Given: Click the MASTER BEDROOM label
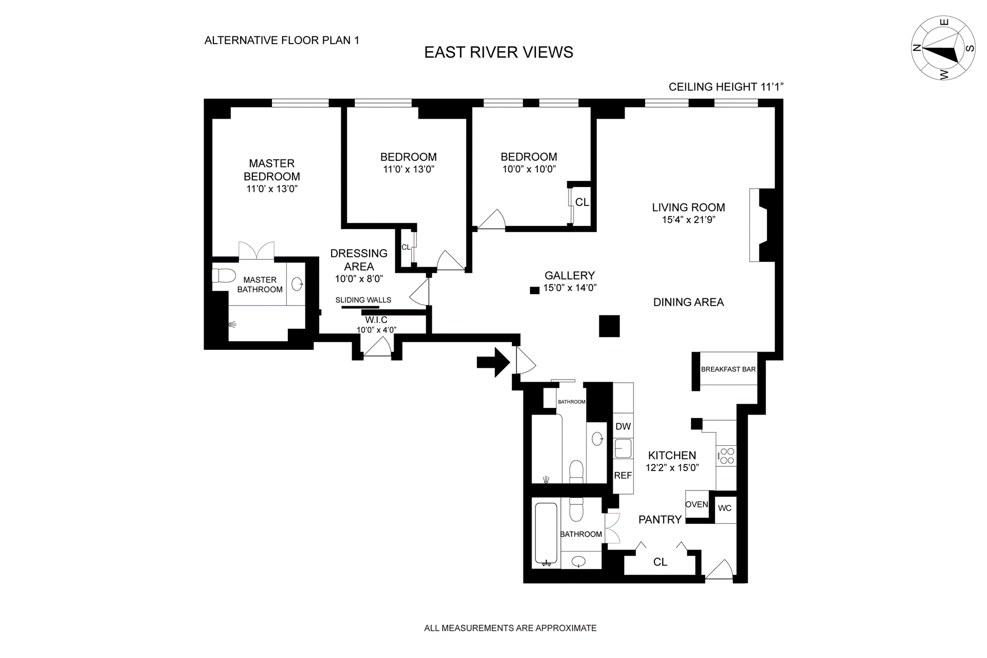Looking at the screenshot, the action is coord(272,170).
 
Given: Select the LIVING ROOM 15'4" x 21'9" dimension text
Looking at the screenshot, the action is coord(688,220).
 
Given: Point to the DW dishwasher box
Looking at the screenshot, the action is coord(623,426).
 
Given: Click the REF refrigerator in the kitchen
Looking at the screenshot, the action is coord(623,476).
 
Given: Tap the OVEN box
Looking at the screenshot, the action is coord(697,504).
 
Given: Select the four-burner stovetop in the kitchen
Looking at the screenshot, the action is coord(727,456).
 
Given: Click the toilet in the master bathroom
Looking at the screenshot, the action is coord(224,276).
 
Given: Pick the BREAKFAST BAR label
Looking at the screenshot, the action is coord(728,369).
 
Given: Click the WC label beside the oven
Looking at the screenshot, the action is coord(725,508).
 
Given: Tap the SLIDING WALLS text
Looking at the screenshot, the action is coord(363,300).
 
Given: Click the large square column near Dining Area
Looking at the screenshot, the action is coord(609,326).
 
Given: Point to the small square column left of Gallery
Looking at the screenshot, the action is coord(535,290).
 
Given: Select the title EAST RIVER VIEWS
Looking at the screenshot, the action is coord(498,52).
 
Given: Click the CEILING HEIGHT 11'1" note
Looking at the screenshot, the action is coord(725,87).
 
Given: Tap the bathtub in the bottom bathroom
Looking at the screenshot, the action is coord(546,533).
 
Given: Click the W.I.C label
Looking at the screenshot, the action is coord(376,320).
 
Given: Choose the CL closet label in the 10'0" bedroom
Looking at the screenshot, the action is coord(582,202).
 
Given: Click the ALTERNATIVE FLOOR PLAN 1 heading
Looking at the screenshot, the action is coord(282,40).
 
